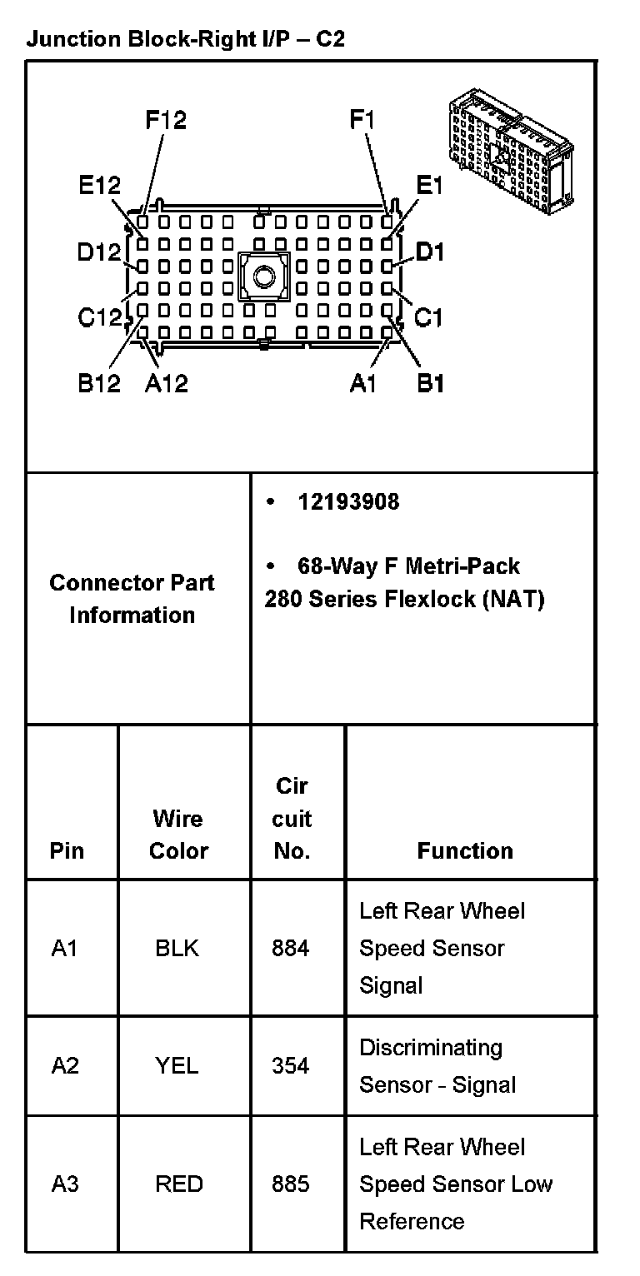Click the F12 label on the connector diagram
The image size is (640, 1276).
[166, 120]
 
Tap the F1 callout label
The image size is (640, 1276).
[363, 120]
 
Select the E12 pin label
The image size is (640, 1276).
[99, 186]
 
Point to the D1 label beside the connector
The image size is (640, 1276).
[430, 251]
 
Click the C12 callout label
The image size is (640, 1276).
[99, 317]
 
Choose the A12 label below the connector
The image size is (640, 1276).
[167, 383]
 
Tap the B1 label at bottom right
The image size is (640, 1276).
[430, 383]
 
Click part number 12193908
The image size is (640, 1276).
[348, 501]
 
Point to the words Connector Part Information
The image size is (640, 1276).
[132, 599]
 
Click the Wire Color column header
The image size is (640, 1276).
[178, 835]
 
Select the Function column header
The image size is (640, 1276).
[465, 850]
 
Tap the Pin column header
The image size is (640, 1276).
[67, 850]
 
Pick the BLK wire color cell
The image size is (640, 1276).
[177, 948]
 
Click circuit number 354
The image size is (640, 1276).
[290, 1065]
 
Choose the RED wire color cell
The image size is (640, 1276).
[178, 1184]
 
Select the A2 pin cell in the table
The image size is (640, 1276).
[65, 1065]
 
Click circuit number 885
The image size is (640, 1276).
[290, 1184]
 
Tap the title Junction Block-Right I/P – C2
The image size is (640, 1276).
[185, 39]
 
